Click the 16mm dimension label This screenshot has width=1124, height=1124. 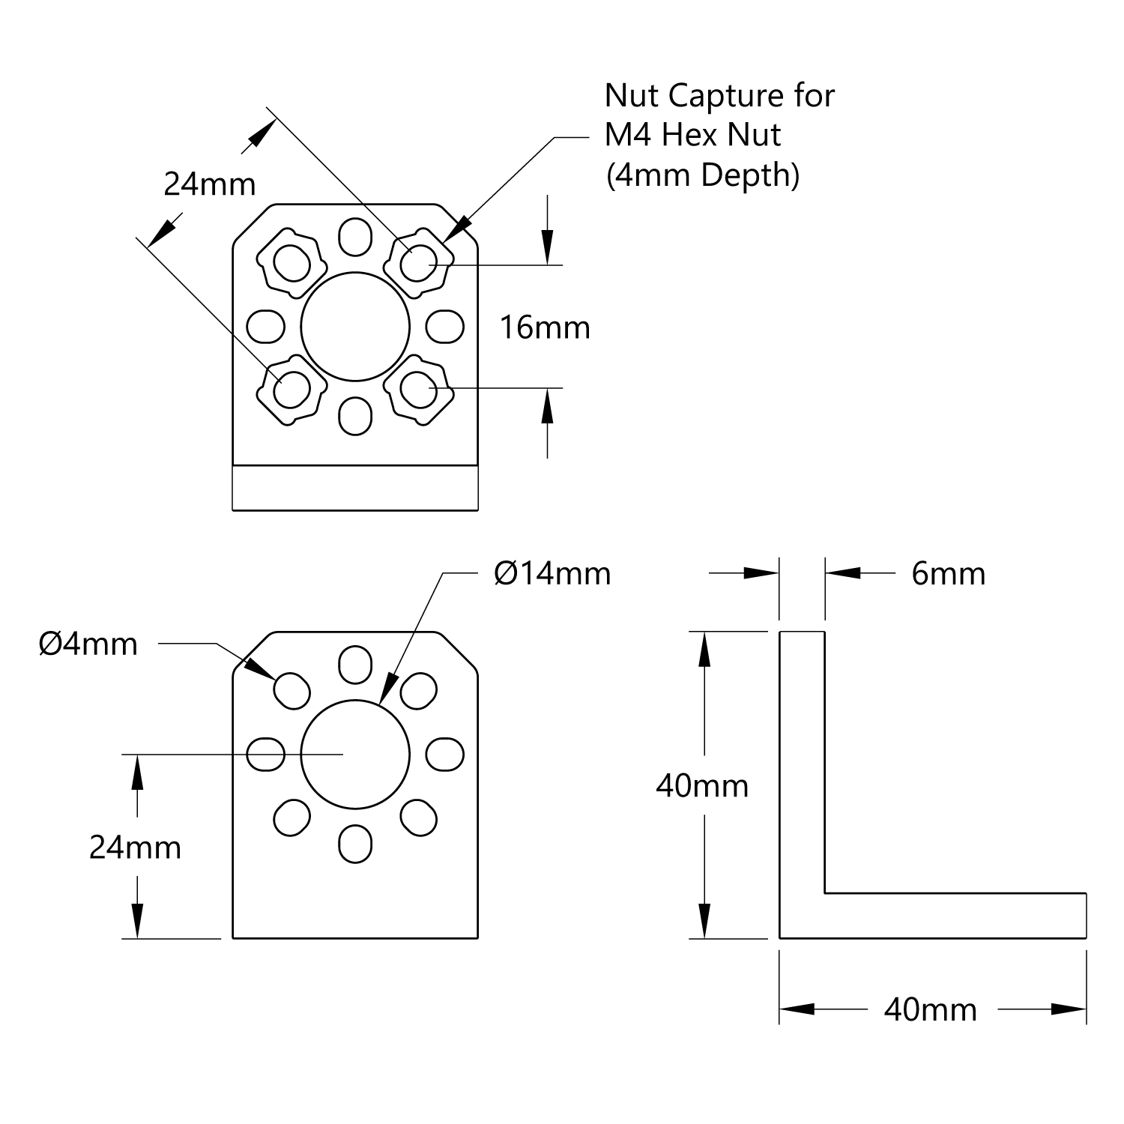point(545,327)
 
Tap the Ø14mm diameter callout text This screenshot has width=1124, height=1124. point(552,574)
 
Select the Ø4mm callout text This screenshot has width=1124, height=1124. point(88,644)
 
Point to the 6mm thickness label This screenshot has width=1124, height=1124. point(948,574)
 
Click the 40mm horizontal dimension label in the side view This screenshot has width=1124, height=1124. point(931,1010)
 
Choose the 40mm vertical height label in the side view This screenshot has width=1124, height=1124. point(702,785)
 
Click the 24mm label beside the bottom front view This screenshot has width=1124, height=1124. point(135,847)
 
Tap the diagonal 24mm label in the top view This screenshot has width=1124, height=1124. point(210,184)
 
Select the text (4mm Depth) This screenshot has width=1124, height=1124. point(702,175)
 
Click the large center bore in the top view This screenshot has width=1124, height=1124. point(355,326)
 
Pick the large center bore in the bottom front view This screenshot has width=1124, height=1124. point(355,754)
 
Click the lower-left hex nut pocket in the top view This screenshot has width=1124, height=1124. point(291,390)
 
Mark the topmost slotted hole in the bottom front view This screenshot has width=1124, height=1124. point(355,662)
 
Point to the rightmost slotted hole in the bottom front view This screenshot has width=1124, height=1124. point(445,754)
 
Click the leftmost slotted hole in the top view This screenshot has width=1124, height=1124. point(265,326)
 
